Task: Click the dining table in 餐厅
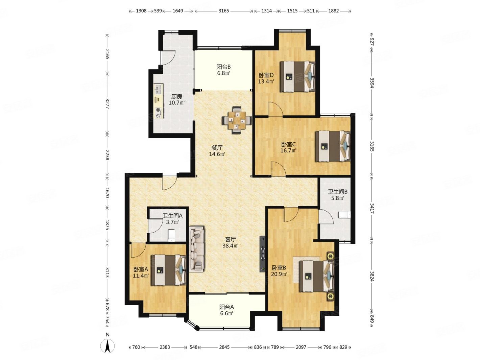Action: pyautogui.click(x=237, y=120)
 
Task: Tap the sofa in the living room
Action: pyautogui.click(x=197, y=249)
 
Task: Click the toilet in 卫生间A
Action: pyautogui.click(x=171, y=235)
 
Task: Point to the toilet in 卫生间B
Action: pyautogui.click(x=344, y=215)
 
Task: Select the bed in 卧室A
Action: pyautogui.click(x=169, y=270)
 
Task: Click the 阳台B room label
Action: pyautogui.click(x=223, y=67)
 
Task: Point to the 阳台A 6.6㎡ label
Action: pyautogui.click(x=226, y=310)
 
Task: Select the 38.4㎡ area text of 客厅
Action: pyautogui.click(x=230, y=245)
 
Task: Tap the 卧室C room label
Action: pyautogui.click(x=288, y=144)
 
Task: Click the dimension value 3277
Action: pyautogui.click(x=107, y=103)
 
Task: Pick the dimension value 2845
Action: pyautogui.click(x=224, y=347)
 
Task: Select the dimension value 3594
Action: pyautogui.click(x=371, y=83)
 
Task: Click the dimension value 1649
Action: pyautogui.click(x=177, y=11)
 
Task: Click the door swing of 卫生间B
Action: pyautogui.click(x=326, y=216)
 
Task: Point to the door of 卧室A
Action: pyautogui.click(x=139, y=250)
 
